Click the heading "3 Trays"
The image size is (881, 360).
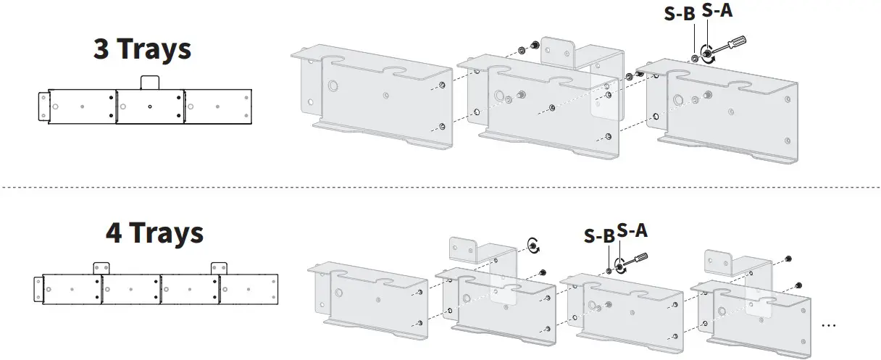coord(142,49)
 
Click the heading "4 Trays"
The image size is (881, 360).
coord(154,233)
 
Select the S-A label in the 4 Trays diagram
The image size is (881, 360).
coord(632,230)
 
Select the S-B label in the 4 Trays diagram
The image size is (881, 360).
coord(599,235)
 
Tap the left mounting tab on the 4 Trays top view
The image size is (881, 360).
coord(101,268)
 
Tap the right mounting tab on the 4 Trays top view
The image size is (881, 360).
coord(219,268)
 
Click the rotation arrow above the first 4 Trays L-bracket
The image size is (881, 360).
coord(533,245)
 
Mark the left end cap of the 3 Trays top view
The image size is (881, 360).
coord(42,107)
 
